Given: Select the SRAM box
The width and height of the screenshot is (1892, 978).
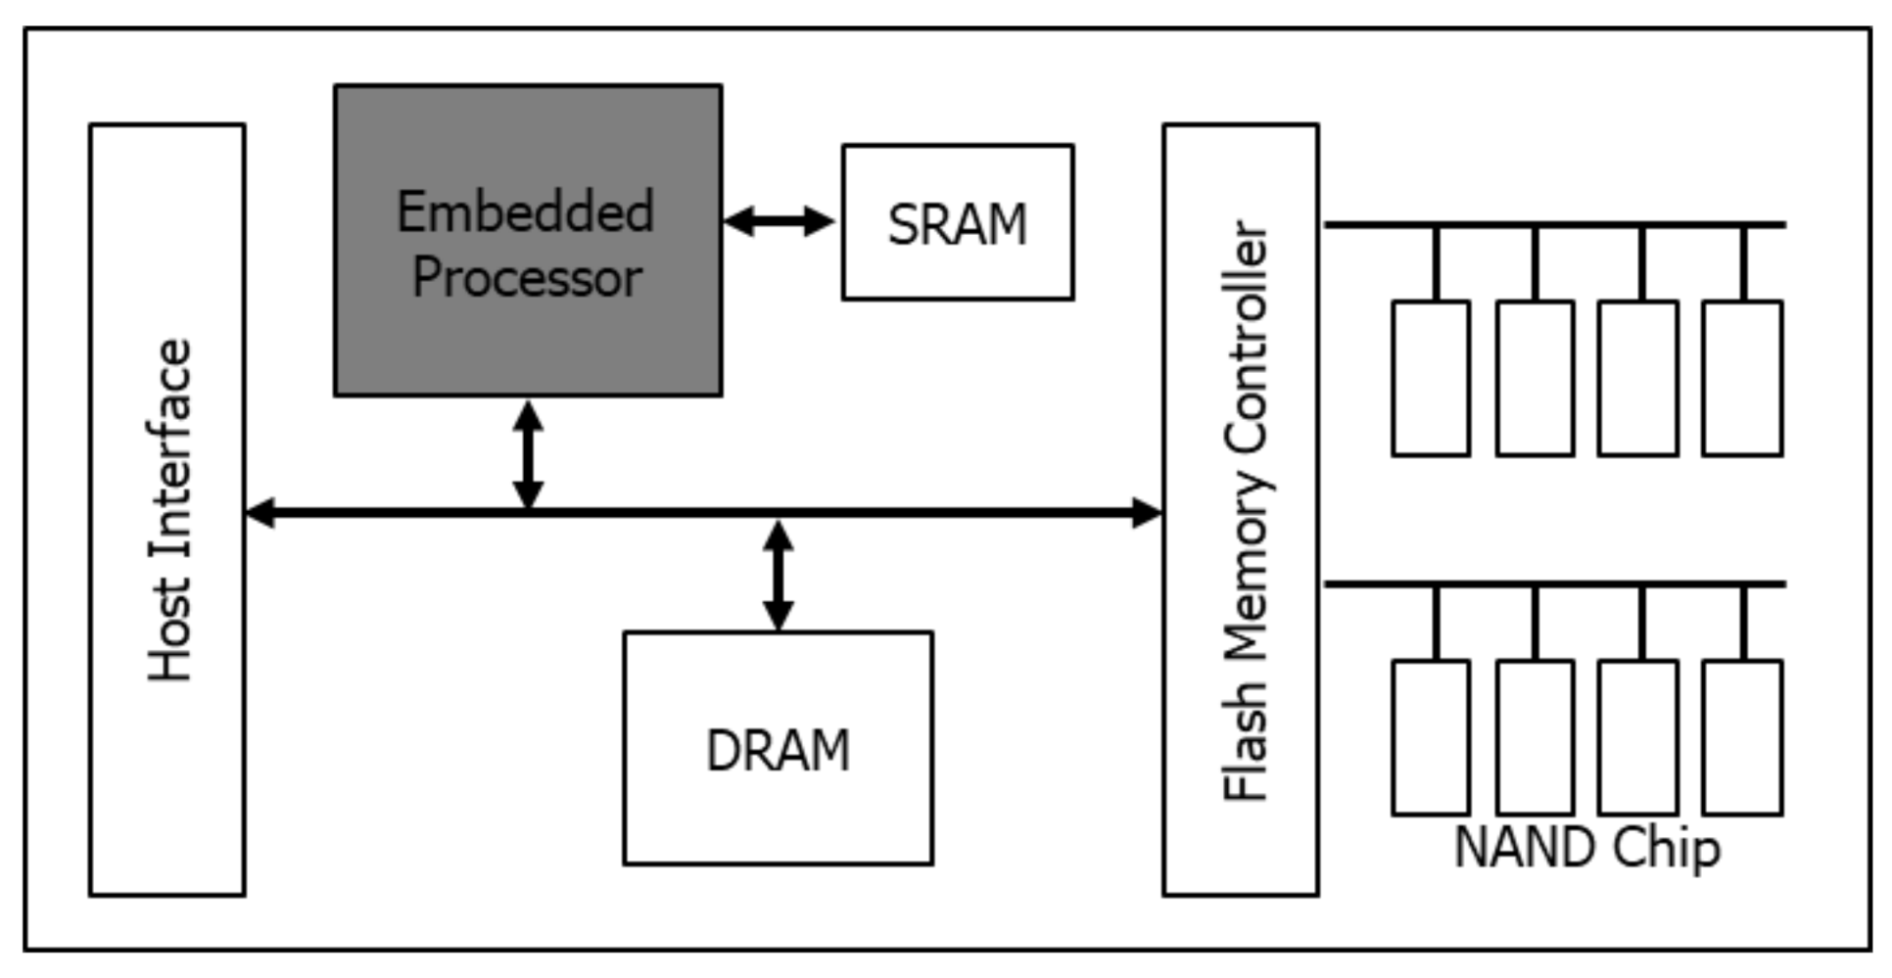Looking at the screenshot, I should pos(957,223).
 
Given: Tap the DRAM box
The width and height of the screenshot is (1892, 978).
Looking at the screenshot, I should pos(778,749).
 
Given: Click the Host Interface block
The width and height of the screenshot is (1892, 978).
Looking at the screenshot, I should pos(167,509).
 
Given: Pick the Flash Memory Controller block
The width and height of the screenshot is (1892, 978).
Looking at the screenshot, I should pos(1240,509).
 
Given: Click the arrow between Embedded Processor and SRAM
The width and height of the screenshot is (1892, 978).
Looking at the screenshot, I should pos(780,221).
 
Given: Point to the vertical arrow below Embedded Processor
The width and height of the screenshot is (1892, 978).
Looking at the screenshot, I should pos(528,454).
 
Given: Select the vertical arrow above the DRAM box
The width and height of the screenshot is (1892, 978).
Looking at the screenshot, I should pos(778,576).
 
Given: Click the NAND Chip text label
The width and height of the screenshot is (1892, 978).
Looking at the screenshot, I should pos(1586,848).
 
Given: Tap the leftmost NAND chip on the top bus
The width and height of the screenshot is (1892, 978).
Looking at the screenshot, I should pos(1431,379).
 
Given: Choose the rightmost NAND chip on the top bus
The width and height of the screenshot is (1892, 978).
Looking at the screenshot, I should pos(1741,379).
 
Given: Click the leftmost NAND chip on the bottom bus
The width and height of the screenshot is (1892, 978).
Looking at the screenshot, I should pos(1431,737).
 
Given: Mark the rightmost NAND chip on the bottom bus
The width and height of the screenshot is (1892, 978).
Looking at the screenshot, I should pos(1741,737).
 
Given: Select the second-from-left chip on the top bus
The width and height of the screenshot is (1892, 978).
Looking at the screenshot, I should pos(1535,379).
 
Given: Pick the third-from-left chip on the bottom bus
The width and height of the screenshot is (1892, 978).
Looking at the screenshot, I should pos(1637,737).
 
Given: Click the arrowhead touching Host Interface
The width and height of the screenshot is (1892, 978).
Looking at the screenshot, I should pos(260,512).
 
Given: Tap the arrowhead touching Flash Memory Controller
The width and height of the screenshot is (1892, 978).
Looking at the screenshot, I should pos(1146,512).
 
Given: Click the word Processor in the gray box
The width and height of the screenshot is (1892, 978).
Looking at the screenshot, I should pos(527,278).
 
